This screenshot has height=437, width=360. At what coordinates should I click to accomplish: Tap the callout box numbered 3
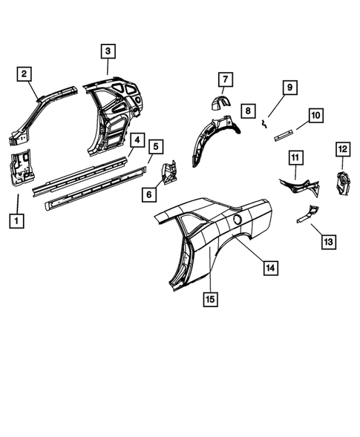108,51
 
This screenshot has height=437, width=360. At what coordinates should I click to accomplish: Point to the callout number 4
137,139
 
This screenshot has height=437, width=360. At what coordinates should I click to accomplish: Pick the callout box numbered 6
149,194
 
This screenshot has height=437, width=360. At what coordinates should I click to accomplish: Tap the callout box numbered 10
315,116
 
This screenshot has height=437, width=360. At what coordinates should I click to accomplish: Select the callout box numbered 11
295,158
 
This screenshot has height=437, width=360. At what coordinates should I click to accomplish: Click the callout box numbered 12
342,150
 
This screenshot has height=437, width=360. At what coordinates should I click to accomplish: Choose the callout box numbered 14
269,268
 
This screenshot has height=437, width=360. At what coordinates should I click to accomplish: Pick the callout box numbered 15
212,298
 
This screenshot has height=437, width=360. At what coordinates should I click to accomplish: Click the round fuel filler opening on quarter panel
238,220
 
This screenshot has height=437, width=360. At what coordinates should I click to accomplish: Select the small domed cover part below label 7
220,104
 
